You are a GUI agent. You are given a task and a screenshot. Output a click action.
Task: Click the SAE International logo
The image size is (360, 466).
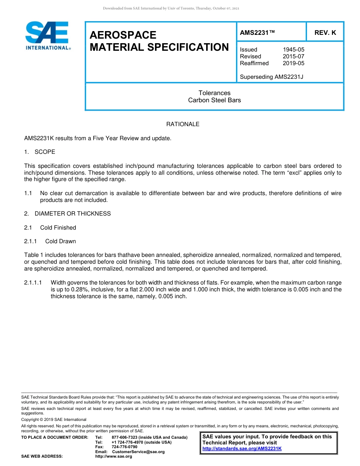click(48, 36)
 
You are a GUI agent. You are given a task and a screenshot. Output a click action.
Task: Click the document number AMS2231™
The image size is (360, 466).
click(257, 33)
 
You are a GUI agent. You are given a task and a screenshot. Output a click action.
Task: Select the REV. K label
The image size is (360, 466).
click(325, 33)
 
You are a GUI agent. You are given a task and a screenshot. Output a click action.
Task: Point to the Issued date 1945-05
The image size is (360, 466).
click(293, 50)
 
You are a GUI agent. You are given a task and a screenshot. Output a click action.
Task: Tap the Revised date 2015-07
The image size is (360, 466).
click(293, 56)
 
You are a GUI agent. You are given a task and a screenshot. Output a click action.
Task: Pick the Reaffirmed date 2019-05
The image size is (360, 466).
click(293, 63)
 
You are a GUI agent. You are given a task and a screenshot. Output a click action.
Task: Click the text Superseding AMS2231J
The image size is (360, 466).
click(271, 77)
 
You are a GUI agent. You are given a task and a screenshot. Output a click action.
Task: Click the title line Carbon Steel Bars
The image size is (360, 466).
click(214, 100)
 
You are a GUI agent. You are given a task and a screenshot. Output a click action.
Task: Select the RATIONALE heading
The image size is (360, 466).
click(183, 124)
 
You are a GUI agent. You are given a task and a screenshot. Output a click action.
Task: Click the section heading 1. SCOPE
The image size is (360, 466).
click(40, 152)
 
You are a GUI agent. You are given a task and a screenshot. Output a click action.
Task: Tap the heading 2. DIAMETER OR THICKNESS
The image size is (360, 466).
click(67, 214)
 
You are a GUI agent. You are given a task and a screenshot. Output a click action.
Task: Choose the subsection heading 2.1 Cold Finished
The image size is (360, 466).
click(50, 228)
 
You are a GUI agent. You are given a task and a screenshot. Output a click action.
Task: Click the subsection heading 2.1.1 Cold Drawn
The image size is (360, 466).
click(50, 241)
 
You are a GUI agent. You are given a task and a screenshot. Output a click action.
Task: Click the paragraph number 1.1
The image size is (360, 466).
click(28, 193)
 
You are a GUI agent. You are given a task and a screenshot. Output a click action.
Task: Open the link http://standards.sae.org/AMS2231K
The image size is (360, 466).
click(242, 449)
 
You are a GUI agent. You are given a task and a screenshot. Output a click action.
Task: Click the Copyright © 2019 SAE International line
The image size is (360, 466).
click(54, 419)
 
